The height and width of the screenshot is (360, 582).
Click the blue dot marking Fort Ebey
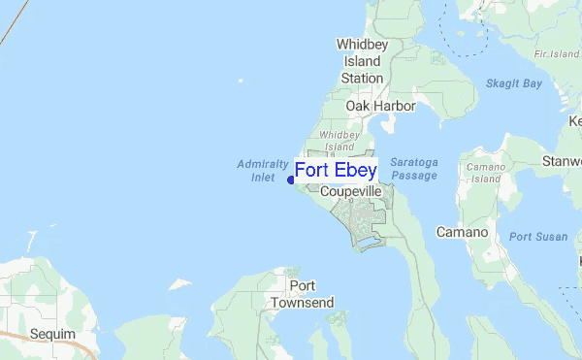click(x=291, y=179)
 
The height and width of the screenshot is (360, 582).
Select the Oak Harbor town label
click(x=380, y=106)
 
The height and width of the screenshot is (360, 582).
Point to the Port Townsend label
click(x=302, y=294)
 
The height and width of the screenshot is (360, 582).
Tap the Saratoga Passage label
click(x=413, y=169)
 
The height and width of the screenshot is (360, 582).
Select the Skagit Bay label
click(x=513, y=84)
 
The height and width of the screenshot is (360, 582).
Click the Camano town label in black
click(x=460, y=233)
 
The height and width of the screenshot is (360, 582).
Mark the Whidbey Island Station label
click(x=360, y=61)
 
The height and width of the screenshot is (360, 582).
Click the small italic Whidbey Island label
click(x=339, y=141)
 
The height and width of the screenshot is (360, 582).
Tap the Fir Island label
click(x=559, y=53)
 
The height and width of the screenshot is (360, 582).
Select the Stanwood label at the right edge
click(x=563, y=160)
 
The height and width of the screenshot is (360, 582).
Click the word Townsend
click(x=302, y=303)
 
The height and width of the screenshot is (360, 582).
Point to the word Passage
click(x=413, y=176)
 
